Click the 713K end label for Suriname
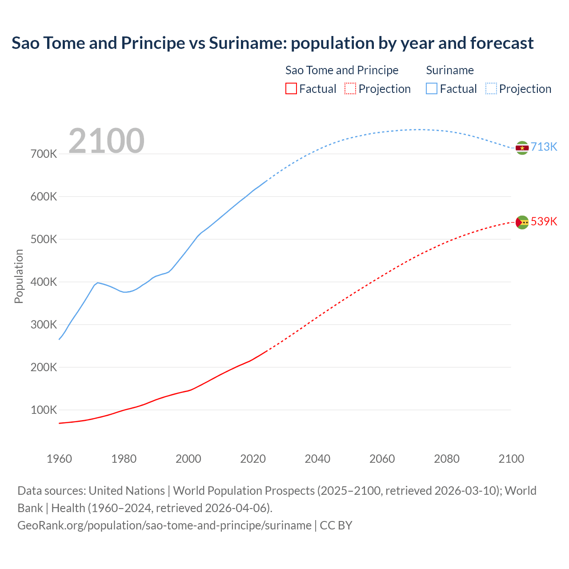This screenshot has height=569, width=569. click(544, 147)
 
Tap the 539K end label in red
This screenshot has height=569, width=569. click(544, 221)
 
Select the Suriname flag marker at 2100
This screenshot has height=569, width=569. click(522, 148)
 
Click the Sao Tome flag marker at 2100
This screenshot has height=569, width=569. click(522, 222)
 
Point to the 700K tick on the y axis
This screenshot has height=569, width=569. click(44, 154)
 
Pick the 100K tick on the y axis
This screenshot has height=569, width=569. click(44, 410)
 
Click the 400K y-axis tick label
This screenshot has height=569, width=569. click(44, 282)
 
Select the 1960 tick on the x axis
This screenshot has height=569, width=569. click(59, 459)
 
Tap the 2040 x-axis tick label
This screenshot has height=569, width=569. click(317, 459)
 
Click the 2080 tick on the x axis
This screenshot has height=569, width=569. click(447, 459)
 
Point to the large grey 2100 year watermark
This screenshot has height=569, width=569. click(106, 141)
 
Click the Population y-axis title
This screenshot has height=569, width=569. click(19, 276)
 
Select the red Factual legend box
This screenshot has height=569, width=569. click(291, 88)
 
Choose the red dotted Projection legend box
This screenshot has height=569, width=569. click(350, 88)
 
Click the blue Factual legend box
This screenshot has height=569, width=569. click(431, 88)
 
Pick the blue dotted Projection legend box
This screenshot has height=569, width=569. click(491, 88)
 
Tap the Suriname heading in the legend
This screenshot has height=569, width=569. click(450, 70)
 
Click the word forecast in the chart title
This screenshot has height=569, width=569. click(502, 43)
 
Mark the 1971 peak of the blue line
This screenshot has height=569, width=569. click(97, 282)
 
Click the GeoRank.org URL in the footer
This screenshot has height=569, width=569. click(164, 525)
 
